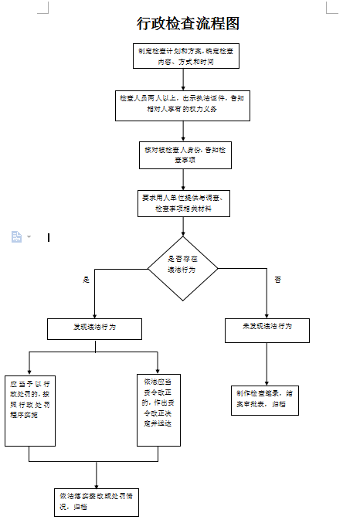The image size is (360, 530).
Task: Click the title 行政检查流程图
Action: [188, 23]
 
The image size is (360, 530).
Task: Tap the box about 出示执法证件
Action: [182, 104]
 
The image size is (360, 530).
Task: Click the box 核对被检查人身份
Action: [183, 155]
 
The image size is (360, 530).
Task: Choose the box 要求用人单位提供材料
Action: [182, 204]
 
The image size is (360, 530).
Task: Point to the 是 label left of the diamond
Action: [87, 279]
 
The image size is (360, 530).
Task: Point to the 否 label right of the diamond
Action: [277, 279]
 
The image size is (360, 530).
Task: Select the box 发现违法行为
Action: [95, 328]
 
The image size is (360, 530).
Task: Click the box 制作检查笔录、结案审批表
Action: [265, 399]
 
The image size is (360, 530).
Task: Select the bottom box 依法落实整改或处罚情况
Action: [96, 502]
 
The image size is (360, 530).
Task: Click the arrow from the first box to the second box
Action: [183, 78]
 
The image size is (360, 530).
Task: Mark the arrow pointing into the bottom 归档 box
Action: [96, 475]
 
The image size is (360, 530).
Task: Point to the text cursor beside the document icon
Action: [49, 237]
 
